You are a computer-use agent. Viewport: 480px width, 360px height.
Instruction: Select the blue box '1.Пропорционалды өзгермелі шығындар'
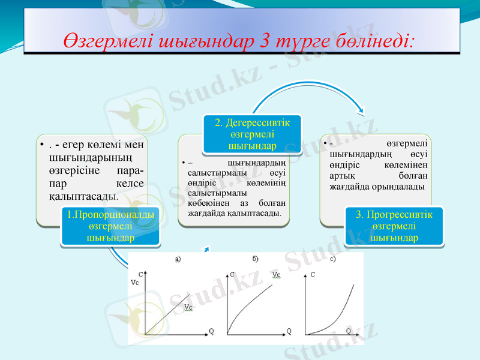click(x=110, y=226)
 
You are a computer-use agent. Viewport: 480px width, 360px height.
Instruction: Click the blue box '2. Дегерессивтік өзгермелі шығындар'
click(x=252, y=134)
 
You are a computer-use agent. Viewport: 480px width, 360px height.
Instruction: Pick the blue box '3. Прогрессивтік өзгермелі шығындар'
click(x=394, y=226)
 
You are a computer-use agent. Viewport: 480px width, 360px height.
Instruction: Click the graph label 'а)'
click(x=178, y=259)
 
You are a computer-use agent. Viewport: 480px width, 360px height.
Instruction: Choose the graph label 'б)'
click(x=256, y=259)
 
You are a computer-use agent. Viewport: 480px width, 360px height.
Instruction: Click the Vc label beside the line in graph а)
click(x=188, y=307)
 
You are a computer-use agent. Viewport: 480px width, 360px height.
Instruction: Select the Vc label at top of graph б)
click(x=276, y=275)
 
